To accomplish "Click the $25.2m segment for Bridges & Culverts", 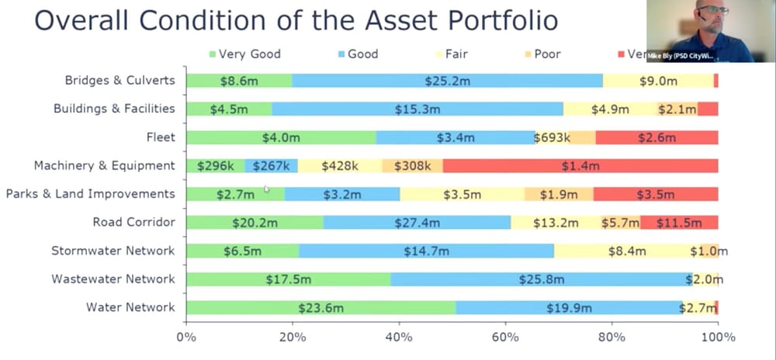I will point(448,81).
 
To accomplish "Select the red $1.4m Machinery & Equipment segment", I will point(580,165).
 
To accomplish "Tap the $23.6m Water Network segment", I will point(320,307).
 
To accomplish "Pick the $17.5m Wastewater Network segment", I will point(288,279).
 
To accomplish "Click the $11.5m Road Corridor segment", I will point(678,223).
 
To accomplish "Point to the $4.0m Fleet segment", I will point(281,137).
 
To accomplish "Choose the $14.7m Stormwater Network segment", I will point(426,251).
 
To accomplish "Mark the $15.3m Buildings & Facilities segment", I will point(417,109).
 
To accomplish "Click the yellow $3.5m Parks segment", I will point(462,194).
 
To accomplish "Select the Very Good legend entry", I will point(244,54).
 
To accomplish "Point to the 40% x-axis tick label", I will point(399,337).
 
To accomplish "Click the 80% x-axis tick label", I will point(611,337).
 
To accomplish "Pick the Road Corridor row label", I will point(133,223).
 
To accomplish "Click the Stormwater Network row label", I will point(113,251).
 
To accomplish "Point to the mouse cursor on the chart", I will point(266,188).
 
